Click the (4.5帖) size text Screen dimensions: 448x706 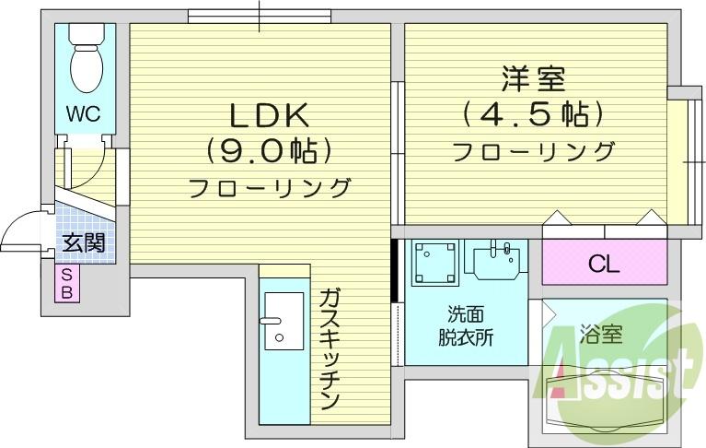pos(534,114)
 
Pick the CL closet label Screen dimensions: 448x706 pos(604,265)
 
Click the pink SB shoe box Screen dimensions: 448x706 pos(69,284)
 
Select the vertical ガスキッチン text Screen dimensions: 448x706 pos(330,348)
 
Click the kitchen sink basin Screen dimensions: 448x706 pos(283,323)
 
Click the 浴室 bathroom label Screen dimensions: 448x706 pos(599,334)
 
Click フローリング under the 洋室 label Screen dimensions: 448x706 pos(534,150)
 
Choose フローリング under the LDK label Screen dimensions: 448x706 pos(270,188)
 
